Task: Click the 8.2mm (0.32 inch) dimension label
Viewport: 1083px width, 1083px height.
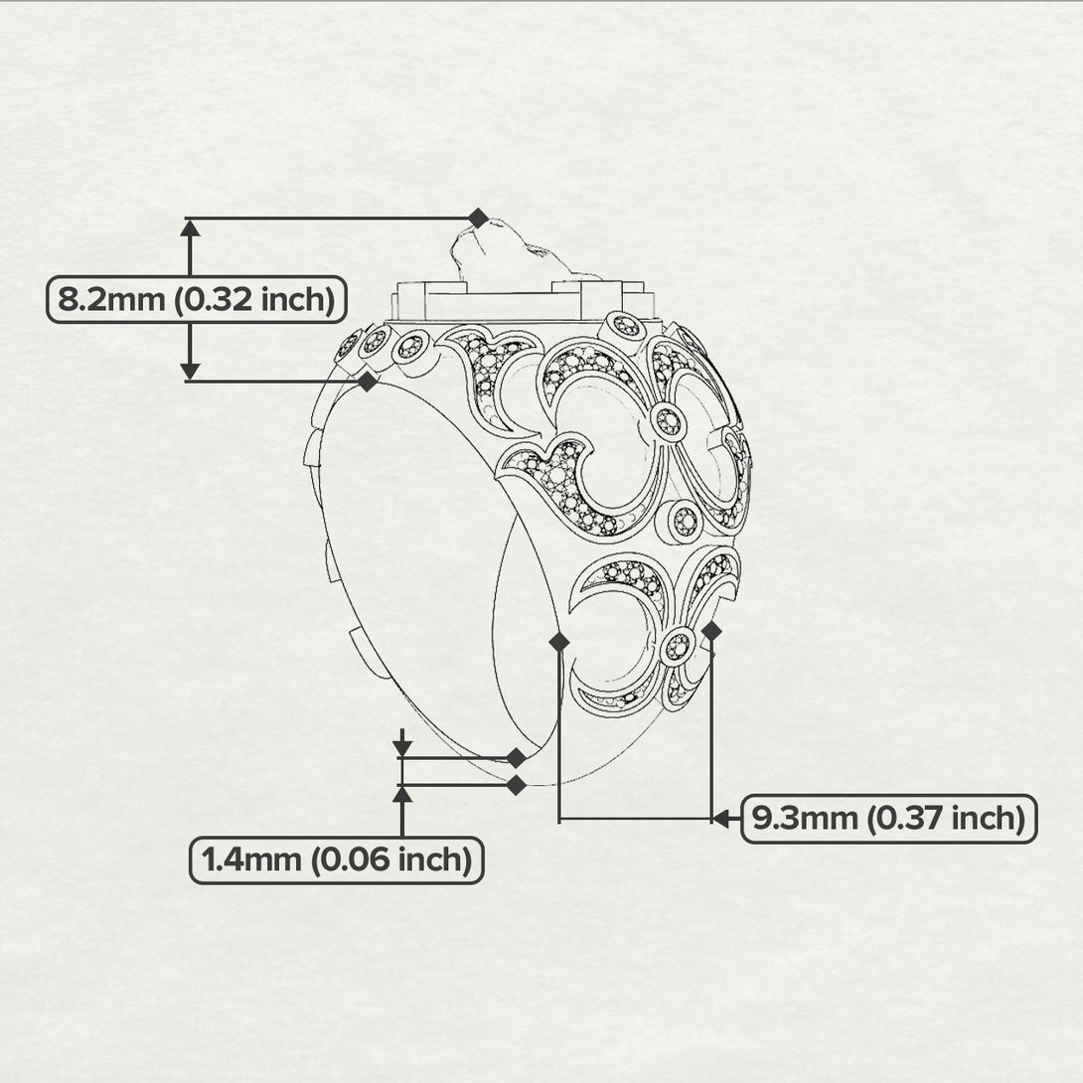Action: tap(196, 300)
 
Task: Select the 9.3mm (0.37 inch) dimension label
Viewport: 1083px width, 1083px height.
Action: tap(889, 819)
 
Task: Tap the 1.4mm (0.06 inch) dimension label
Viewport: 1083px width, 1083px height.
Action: tap(337, 859)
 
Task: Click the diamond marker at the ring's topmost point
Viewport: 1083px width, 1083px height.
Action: tap(478, 219)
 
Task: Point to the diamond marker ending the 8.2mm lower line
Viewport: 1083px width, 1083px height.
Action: tap(368, 381)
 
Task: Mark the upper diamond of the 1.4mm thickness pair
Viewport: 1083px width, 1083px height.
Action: tap(516, 758)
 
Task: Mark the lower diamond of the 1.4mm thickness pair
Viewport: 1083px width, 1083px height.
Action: tap(516, 785)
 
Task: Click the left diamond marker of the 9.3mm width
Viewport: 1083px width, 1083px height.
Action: tap(558, 642)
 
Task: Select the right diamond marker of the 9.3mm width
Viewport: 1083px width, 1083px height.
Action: tap(711, 631)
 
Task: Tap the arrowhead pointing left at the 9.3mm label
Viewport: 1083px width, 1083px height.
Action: tap(721, 819)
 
